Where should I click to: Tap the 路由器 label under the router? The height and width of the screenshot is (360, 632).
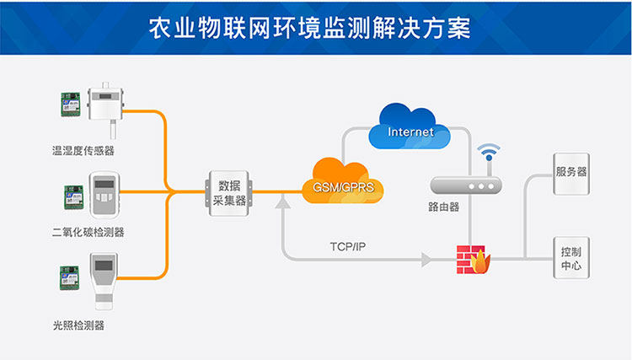(x=444, y=207)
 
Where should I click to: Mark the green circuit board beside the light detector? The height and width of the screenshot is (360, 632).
(x=68, y=278)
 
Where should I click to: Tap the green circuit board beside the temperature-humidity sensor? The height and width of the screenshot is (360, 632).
(x=68, y=104)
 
